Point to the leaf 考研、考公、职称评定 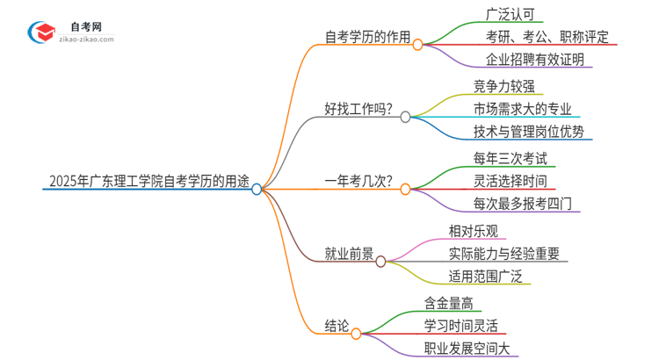(x=546, y=39)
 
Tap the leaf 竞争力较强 (x=503, y=87)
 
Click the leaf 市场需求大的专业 (x=522, y=110)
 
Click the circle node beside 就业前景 (x=380, y=261)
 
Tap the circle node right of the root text (x=257, y=189)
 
